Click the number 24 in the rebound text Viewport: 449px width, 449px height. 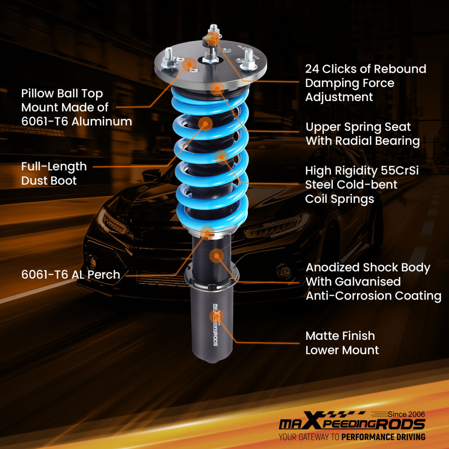[x=313, y=69]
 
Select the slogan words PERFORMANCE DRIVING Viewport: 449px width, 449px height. [x=383, y=436]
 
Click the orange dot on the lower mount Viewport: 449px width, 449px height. [x=216, y=316]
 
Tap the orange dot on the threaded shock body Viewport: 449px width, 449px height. [x=216, y=256]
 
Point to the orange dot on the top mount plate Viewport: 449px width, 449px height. [x=190, y=64]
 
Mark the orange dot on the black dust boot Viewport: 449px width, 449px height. [x=205, y=123]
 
